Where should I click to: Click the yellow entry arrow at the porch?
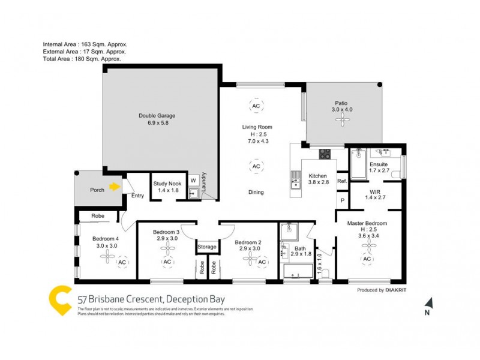113,187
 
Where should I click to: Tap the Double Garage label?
157,119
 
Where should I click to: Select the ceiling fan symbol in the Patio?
343,121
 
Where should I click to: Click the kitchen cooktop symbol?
325,154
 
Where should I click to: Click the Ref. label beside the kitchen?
342,181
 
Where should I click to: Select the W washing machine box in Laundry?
193,180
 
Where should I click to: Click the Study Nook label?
167,187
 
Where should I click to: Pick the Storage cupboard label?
206,247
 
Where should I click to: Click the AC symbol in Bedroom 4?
122,262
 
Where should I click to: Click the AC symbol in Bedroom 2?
262,262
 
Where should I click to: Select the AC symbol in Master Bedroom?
366,259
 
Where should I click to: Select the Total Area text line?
82,59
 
